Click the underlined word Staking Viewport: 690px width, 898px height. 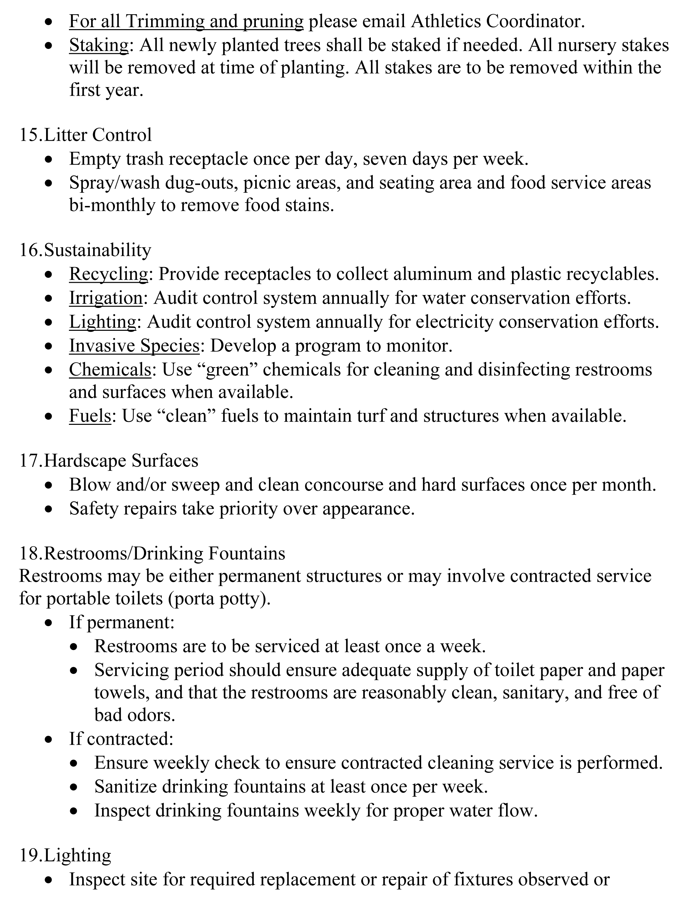(98, 45)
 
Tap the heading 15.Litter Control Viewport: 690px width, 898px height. (86, 134)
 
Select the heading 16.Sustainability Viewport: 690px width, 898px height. (85, 250)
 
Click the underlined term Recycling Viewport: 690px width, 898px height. (108, 274)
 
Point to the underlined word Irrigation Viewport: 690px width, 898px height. (105, 298)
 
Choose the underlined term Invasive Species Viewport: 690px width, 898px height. (134, 345)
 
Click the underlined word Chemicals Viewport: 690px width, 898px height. (110, 369)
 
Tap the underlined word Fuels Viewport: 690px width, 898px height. (90, 416)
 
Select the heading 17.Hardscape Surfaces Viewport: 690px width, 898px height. (108, 460)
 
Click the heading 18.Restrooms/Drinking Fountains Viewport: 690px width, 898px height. (152, 553)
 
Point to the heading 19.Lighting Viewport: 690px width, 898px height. (65, 855)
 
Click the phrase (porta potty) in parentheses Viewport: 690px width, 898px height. (219, 599)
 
